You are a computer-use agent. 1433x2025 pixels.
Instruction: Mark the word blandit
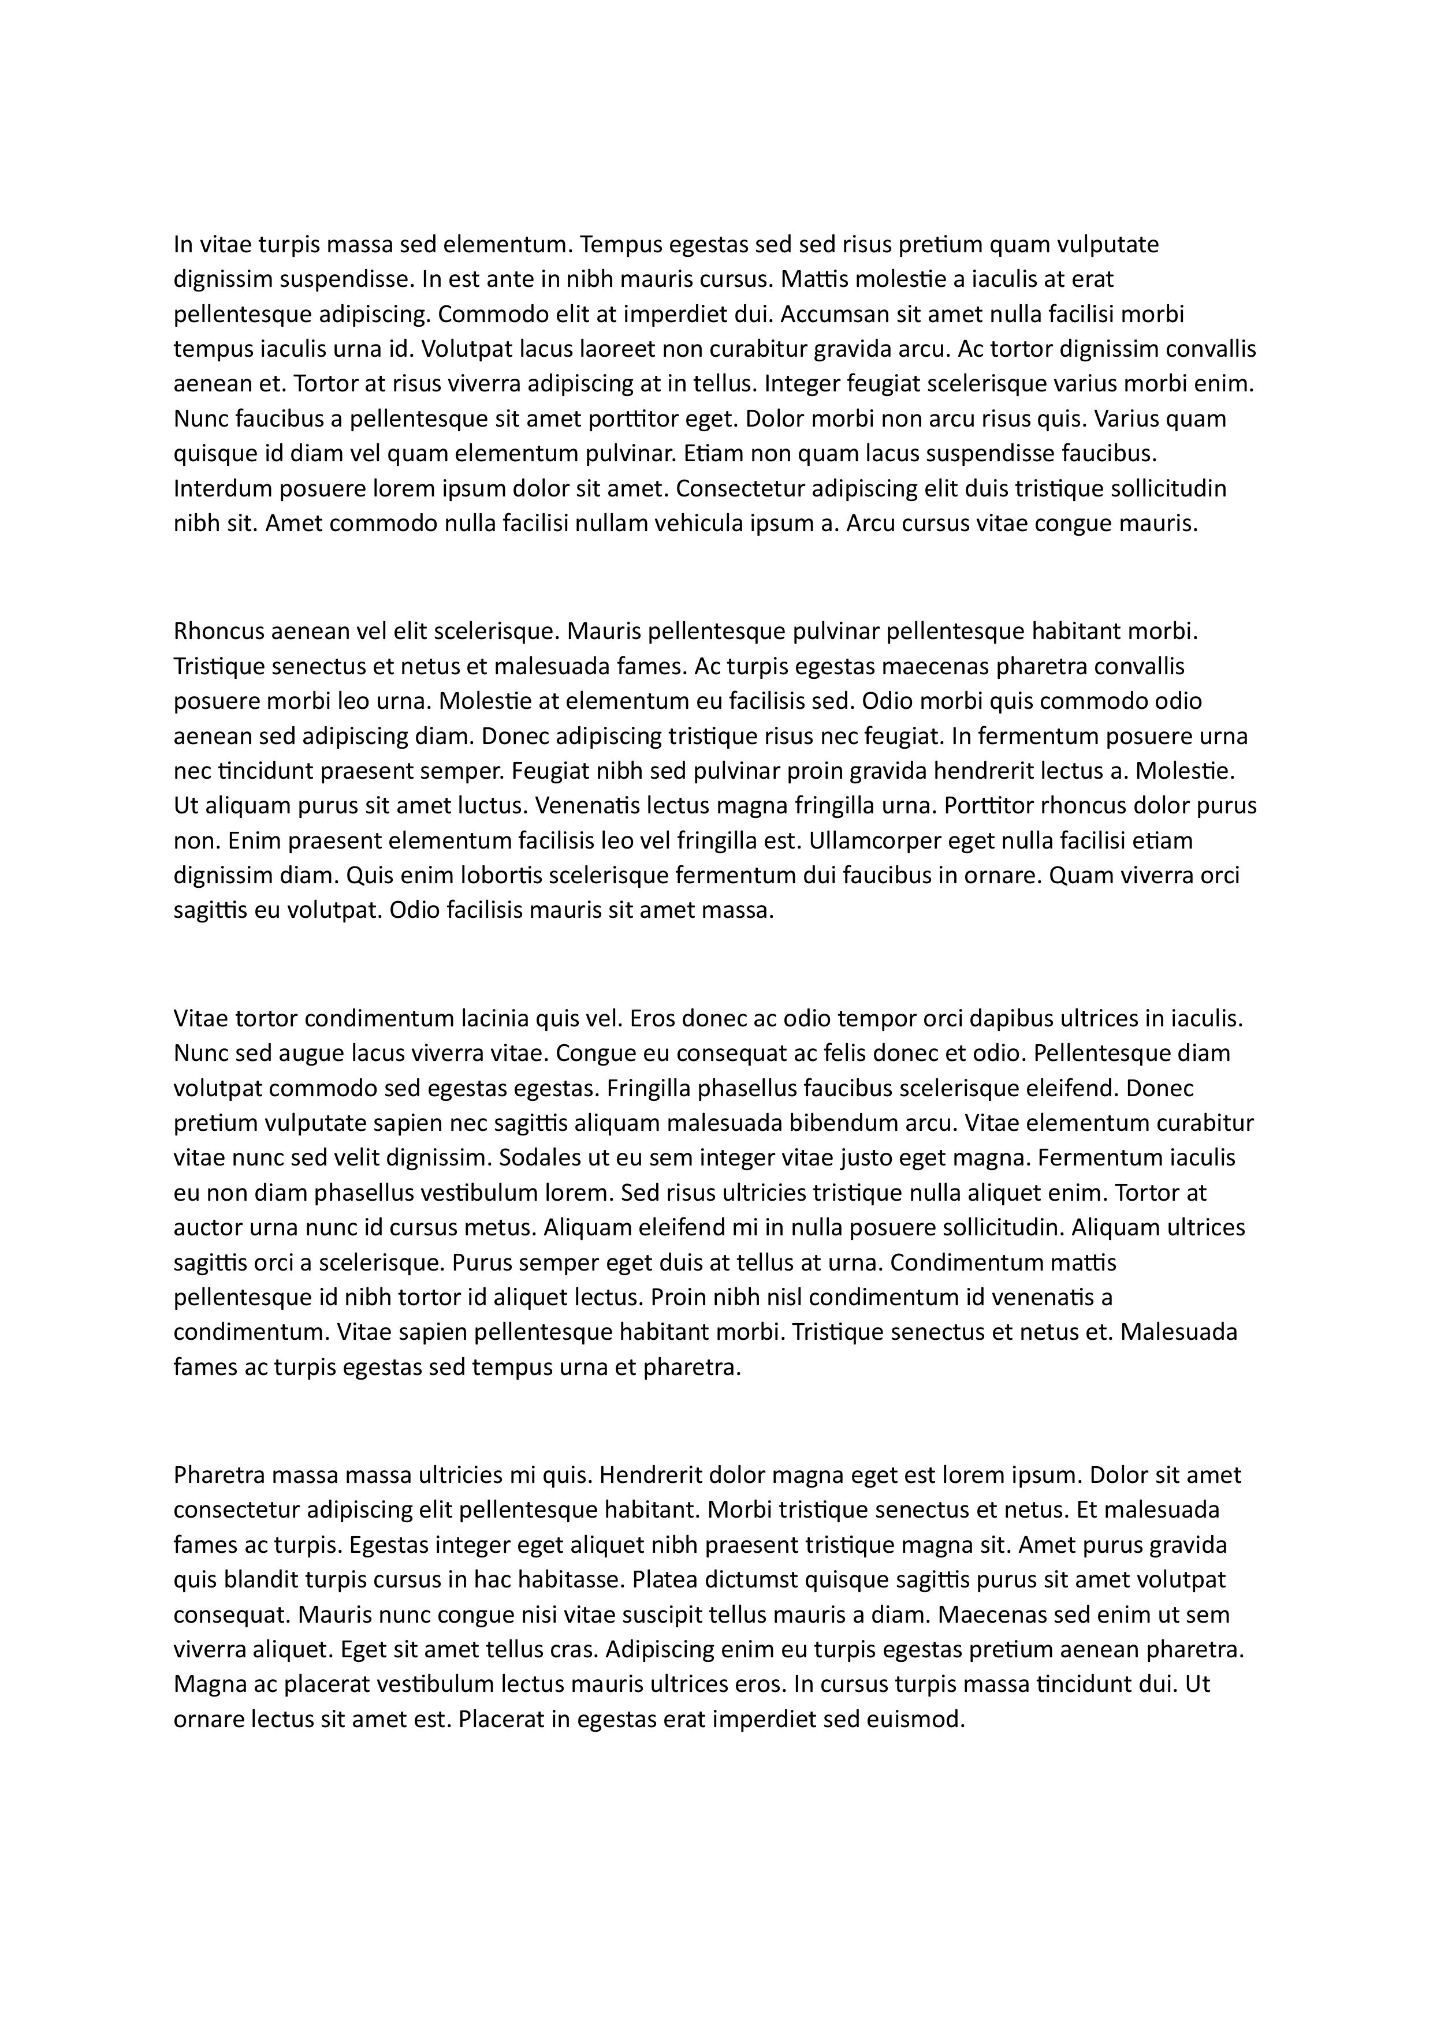pos(250,1579)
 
